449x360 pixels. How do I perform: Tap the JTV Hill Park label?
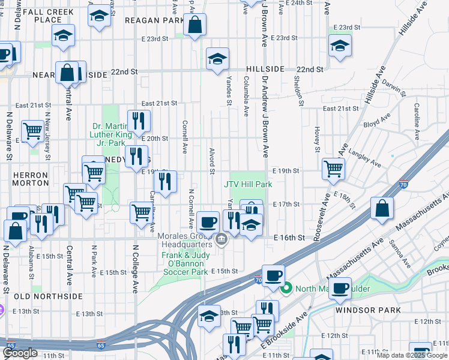(x=248, y=184)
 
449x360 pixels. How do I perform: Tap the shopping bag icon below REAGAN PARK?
(x=194, y=25)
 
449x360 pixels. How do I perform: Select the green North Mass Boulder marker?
(x=286, y=289)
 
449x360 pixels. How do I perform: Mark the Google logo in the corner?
(x=20, y=353)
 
